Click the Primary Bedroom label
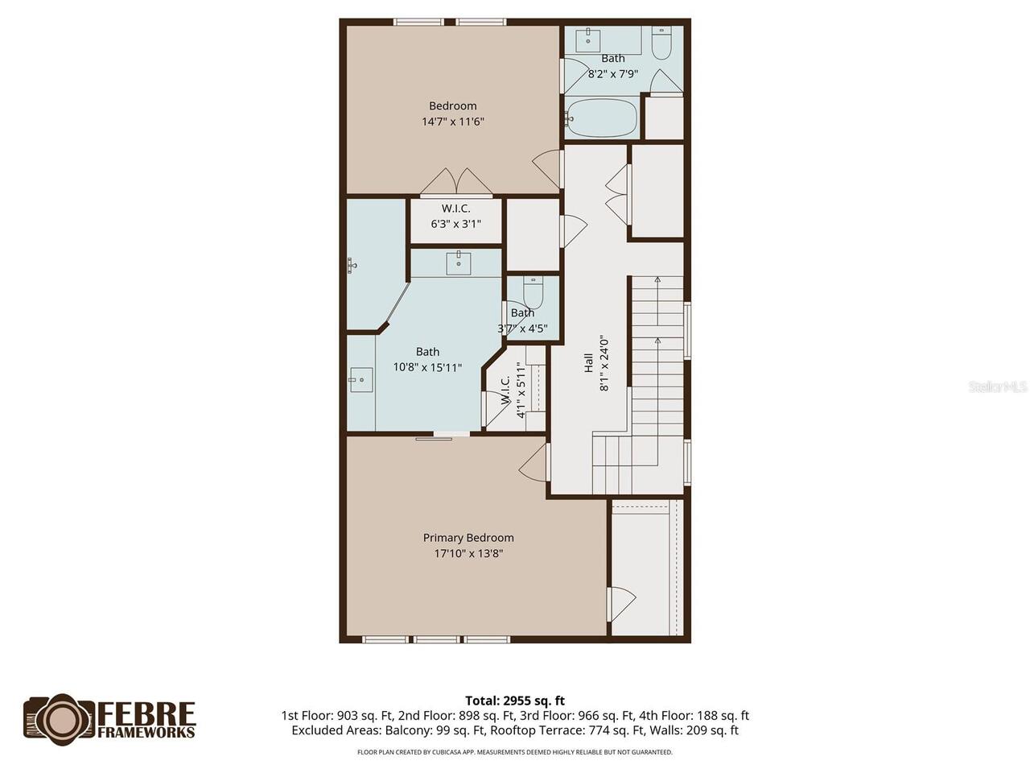pyautogui.click(x=468, y=537)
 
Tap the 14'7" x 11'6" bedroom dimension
pyautogui.click(x=452, y=122)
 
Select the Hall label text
pyautogui.click(x=588, y=363)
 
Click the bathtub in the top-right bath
pyautogui.click(x=602, y=118)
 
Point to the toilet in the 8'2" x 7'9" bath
pyautogui.click(x=661, y=43)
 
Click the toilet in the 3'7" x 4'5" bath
pyautogui.click(x=533, y=292)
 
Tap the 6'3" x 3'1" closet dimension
pyautogui.click(x=455, y=224)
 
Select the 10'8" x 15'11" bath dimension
pyautogui.click(x=427, y=367)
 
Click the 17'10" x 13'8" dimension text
pyautogui.click(x=468, y=553)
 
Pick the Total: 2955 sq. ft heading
pyautogui.click(x=515, y=701)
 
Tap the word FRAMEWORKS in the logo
pyautogui.click(x=146, y=732)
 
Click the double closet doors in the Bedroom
pyautogui.click(x=455, y=182)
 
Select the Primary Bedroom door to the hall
pyautogui.click(x=534, y=462)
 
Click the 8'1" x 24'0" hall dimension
pyautogui.click(x=604, y=363)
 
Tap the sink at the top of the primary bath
pyautogui.click(x=458, y=262)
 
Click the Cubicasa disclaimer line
pyautogui.click(x=515, y=752)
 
